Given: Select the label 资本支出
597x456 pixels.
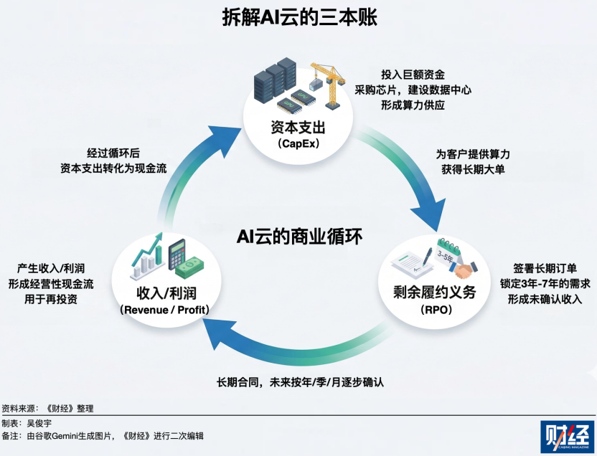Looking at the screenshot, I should [298, 128].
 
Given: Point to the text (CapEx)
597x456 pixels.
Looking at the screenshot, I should [298, 144].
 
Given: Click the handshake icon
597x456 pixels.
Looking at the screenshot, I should [467, 272].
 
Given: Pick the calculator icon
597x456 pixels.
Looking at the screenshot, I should [177, 253].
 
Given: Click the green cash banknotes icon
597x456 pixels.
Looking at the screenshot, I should [192, 269].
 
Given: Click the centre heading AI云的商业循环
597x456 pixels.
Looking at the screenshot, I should [298, 234].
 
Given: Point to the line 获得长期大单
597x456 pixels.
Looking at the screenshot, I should [473, 171].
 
